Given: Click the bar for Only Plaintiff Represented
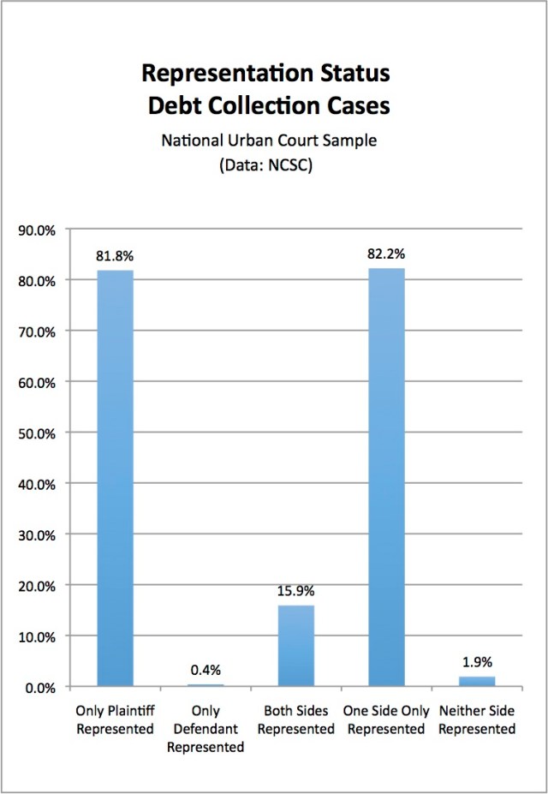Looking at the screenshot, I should (116, 479).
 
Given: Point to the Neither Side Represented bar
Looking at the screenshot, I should (477, 682).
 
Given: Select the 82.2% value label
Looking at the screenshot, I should (386, 254).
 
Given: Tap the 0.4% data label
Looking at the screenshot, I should (205, 670).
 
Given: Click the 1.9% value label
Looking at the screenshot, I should (477, 662).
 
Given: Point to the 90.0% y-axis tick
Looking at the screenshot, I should (37, 230).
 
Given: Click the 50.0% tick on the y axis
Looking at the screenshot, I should (37, 433).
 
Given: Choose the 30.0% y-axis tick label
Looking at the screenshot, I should (37, 535).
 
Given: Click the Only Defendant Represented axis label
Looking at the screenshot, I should (205, 729).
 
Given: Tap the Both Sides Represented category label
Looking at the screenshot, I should (296, 720).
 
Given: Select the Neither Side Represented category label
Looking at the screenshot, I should (477, 720).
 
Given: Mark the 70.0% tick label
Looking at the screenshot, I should (37, 331).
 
